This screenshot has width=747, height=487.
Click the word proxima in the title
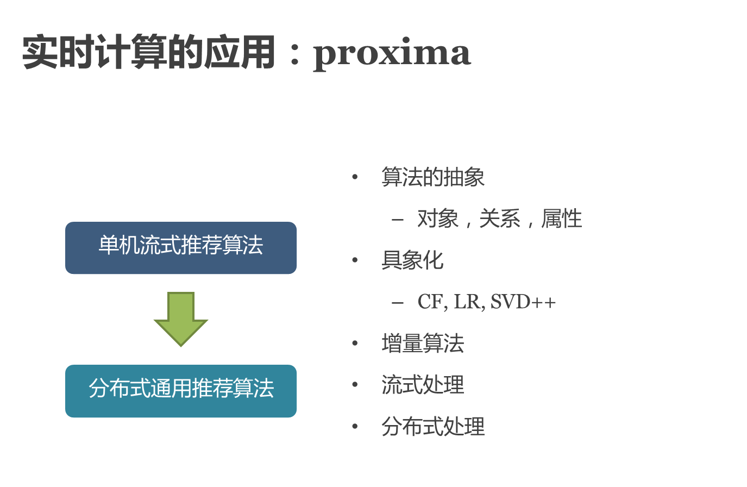[392, 53]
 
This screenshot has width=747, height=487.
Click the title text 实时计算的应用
[148, 52]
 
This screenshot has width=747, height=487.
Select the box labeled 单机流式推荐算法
[181, 247]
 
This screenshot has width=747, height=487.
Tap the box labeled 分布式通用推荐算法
[181, 390]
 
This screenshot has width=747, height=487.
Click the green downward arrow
[181, 319]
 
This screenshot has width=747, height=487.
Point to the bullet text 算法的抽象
[433, 177]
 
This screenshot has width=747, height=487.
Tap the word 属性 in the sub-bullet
[562, 219]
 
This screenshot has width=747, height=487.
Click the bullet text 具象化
[412, 261]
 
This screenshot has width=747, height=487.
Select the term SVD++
[523, 302]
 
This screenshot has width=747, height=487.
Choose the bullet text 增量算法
[423, 344]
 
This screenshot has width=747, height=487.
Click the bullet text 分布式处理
[433, 427]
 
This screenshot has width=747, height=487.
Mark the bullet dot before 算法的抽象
[355, 177]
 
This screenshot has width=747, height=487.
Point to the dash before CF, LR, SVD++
[398, 303]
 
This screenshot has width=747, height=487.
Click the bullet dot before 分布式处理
[355, 427]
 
